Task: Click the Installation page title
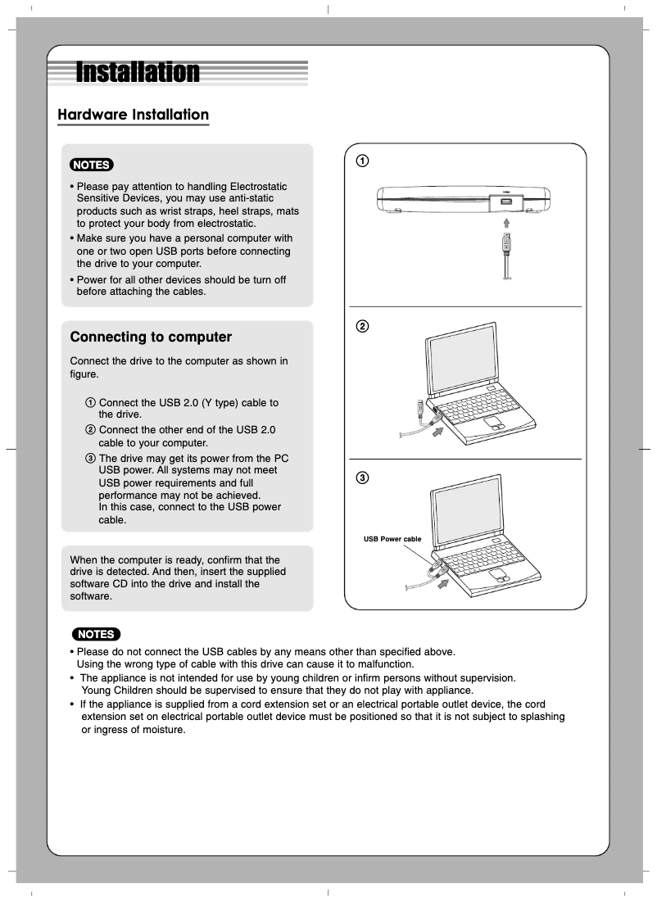pos(138,72)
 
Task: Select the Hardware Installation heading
pos(133,115)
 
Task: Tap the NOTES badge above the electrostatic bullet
pos(92,165)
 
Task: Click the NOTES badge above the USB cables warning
pos(96,634)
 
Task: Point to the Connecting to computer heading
pos(151,337)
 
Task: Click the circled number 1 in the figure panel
pos(361,161)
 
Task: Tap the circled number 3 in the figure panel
pos(361,478)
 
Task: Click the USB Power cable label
pos(392,539)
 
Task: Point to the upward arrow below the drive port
pos(507,222)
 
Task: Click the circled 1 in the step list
pos(90,403)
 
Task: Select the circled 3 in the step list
pos(90,458)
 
